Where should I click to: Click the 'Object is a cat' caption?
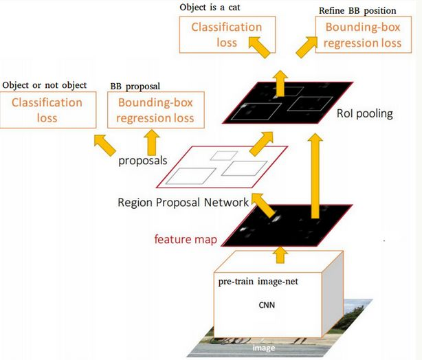210,8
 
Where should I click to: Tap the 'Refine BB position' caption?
357,11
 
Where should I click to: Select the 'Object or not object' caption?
45,85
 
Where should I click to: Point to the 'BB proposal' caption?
135,87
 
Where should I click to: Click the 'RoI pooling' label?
365,113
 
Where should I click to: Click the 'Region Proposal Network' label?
183,203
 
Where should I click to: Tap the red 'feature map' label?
186,239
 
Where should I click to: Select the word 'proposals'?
143,161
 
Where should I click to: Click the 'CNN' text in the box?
267,305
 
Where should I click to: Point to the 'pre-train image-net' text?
258,282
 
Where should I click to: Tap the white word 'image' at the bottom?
264,348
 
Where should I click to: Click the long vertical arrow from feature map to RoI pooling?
315,176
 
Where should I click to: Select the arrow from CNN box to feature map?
280,256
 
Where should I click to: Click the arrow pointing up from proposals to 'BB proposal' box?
152,143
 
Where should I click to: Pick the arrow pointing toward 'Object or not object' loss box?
105,145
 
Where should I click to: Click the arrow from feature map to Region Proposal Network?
263,205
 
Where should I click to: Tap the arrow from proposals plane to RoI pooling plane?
261,144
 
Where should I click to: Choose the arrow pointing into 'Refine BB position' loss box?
307,47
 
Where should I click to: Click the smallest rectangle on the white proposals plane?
223,156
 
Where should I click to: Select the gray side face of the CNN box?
333,294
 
